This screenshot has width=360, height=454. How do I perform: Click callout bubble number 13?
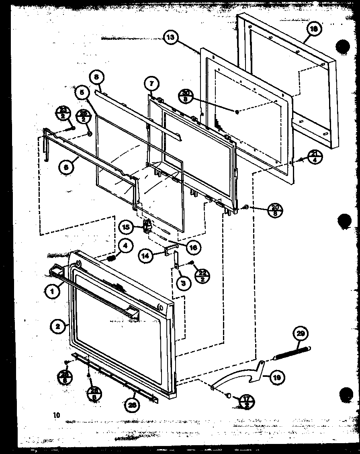pyautogui.click(x=171, y=38)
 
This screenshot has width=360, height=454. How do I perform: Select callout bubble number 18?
pyautogui.click(x=314, y=29)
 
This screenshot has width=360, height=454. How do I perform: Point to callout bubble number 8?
pyautogui.click(x=97, y=76)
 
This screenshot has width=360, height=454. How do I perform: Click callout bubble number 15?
pyautogui.click(x=127, y=227)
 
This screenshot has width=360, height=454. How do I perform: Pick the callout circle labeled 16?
pyautogui.click(x=193, y=247)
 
